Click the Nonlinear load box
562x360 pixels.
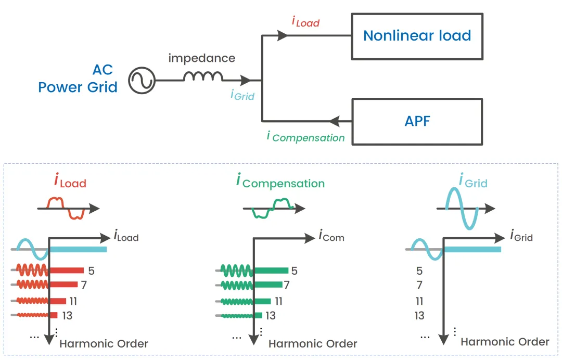[417, 36]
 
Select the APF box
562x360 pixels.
[417, 121]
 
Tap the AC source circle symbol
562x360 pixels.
[142, 81]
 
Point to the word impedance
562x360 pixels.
[202, 58]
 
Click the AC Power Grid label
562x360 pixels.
[78, 79]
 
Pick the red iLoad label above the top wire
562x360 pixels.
[305, 22]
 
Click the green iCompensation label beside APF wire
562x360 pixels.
[305, 137]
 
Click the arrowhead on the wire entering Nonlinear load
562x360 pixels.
[283, 36]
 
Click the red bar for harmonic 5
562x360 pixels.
[66, 271]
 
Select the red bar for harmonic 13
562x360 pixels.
[53, 315]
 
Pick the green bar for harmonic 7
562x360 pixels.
[268, 285]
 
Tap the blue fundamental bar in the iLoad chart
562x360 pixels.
[78, 250]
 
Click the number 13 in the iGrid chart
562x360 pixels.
[419, 315]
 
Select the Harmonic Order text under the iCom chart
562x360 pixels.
[313, 344]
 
